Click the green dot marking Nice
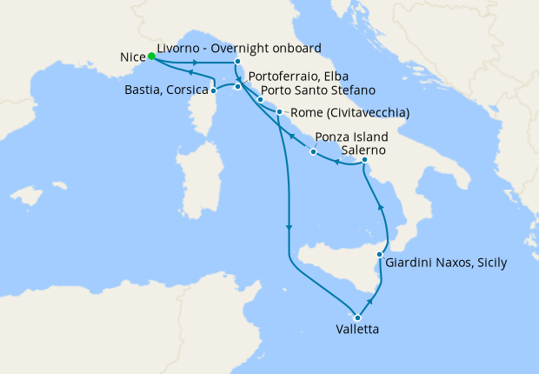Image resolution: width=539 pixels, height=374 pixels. click(x=151, y=57)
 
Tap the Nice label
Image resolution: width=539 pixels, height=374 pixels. click(x=130, y=58)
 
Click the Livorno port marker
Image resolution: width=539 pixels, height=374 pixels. click(x=237, y=62)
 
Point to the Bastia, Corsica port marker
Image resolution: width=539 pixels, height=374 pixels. click(x=214, y=90)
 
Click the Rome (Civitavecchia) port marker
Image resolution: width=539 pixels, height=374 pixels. click(x=279, y=112)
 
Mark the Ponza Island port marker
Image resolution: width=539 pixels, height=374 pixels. click(x=313, y=153)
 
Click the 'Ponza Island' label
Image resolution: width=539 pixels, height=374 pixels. click(x=351, y=137)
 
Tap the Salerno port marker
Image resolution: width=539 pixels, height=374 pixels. click(x=364, y=160)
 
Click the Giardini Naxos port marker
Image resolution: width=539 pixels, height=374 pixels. click(x=380, y=255)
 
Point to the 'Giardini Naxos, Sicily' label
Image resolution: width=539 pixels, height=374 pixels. click(x=446, y=262)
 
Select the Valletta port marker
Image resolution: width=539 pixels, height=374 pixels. click(x=357, y=317)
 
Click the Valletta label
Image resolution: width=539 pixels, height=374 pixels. click(x=356, y=331)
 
